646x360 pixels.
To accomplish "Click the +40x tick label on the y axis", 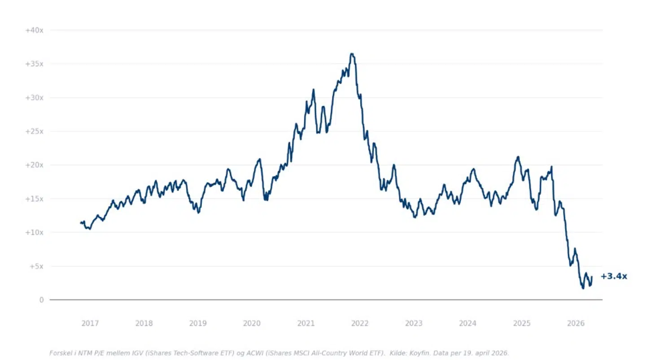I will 34,30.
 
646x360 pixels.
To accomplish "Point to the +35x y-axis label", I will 34,64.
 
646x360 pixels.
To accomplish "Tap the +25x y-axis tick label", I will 34,131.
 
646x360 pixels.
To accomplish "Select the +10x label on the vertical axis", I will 34,232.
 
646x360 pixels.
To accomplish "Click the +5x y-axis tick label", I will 36,266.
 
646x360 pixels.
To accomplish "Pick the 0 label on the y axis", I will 41,300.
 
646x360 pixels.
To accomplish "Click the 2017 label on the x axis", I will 90,323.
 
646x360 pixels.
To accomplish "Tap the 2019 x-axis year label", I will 198,323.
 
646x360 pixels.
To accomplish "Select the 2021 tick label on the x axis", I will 306,323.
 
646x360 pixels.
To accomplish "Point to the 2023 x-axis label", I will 414,323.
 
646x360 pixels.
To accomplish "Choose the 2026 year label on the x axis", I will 576,323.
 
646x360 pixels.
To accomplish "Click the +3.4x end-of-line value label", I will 614,276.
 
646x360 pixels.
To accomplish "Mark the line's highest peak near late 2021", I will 352,54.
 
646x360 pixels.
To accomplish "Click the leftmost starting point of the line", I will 81,222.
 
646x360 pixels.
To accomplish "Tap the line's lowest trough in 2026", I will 583,288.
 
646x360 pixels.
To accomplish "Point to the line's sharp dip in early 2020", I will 266,199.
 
